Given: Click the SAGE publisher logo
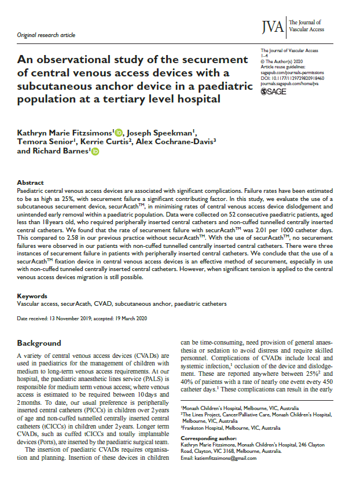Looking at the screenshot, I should [274, 92].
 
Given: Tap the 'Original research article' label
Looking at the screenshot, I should [47, 35].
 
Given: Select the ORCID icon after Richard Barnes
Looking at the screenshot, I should [95, 152].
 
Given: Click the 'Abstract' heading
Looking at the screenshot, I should [30, 182].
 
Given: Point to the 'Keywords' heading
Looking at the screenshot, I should [32, 295].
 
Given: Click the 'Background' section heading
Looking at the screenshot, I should [39, 343].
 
